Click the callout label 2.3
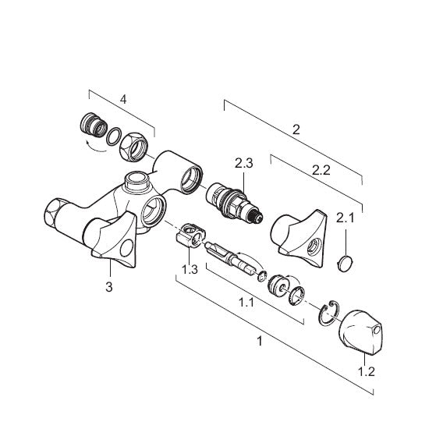[244, 163]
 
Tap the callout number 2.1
[345, 218]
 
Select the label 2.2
[321, 170]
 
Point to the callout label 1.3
[190, 269]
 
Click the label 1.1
[246, 303]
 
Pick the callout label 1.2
[367, 371]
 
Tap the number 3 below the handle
[109, 287]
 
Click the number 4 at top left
[123, 99]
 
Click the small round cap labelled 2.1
[346, 264]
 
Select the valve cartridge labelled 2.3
[234, 202]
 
